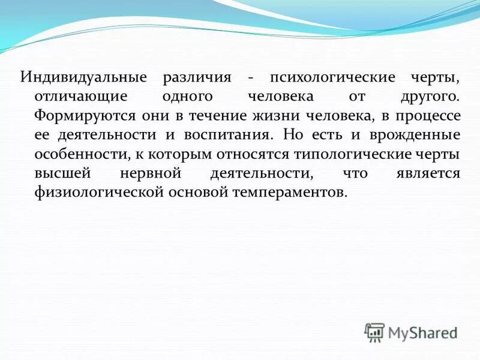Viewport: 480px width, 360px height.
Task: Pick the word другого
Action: pos(430,97)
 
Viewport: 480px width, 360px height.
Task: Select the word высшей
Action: pos(61,173)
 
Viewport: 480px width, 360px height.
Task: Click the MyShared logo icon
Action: pos(374,332)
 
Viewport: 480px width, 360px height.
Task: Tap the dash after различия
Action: pos(251,79)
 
